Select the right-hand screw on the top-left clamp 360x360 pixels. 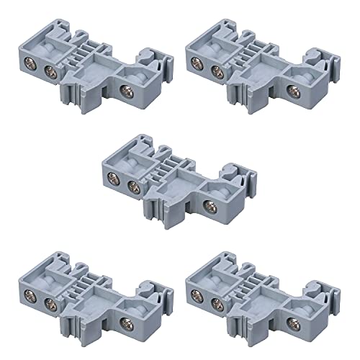coord(127,91)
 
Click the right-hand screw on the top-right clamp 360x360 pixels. coord(292,91)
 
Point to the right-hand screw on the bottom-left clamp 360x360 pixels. coord(127,323)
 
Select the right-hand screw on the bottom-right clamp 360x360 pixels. coord(292,323)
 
